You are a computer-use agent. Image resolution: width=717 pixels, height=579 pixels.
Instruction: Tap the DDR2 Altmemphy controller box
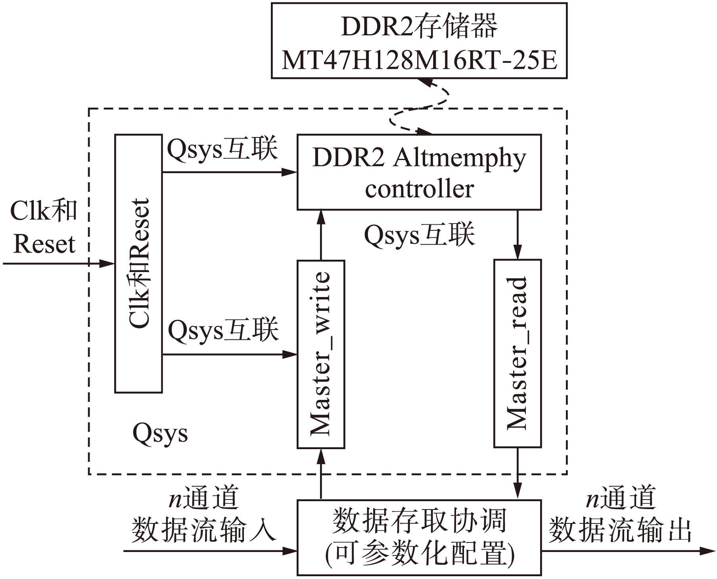pos(419,172)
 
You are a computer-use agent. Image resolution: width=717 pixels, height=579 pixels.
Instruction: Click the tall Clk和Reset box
pos(138,263)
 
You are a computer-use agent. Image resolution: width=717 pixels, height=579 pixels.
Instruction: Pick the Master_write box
pos(320,354)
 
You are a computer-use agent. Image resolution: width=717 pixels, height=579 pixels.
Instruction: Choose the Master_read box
pos(517,353)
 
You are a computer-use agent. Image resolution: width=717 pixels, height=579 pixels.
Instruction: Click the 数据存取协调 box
pos(419,537)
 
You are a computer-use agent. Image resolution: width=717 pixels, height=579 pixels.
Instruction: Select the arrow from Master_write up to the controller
pos(320,235)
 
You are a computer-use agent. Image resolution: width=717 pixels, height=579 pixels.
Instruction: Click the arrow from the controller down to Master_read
pos(517,235)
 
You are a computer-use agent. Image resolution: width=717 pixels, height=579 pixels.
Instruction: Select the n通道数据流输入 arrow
pos(210,551)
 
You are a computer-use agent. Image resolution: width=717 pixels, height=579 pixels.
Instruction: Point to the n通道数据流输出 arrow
pos(628,551)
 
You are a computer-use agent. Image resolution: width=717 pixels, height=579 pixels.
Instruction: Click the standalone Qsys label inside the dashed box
pos(160,434)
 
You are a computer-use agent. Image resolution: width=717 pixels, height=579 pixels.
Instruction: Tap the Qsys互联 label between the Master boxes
pos(419,235)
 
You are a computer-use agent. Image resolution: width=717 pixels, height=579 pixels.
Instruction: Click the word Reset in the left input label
pos(44,244)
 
